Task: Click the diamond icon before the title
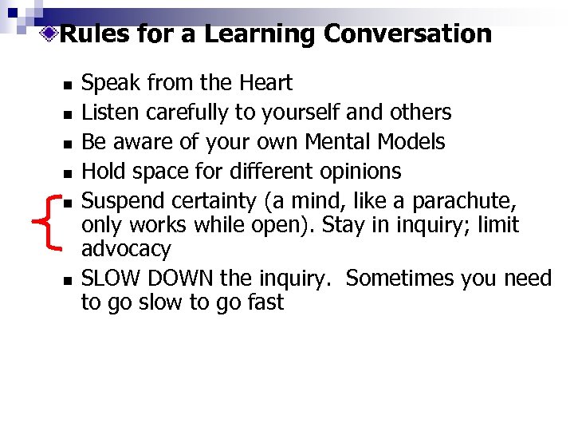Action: (x=50, y=34)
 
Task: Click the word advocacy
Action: (x=126, y=250)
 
